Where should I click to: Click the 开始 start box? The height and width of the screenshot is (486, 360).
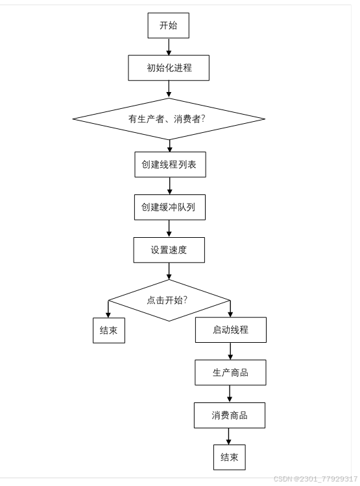click(169, 26)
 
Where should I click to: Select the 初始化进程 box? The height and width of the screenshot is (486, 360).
click(169, 67)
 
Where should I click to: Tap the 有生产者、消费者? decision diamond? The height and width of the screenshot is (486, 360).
click(169, 119)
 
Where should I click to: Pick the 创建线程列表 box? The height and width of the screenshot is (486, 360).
click(169, 165)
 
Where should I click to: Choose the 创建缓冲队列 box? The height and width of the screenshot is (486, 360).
click(169, 207)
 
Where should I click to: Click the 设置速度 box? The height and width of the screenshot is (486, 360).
click(169, 250)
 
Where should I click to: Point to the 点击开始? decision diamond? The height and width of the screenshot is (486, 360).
click(169, 300)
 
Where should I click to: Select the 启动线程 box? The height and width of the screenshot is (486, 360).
click(230, 330)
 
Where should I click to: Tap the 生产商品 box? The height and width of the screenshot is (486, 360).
click(230, 373)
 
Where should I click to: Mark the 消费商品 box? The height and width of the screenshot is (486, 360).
click(230, 415)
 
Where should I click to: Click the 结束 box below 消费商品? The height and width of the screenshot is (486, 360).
click(230, 457)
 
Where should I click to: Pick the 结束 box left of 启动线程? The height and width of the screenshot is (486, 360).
click(108, 330)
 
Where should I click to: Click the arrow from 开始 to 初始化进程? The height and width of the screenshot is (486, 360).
click(169, 46)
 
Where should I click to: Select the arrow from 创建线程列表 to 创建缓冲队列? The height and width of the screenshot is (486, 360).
click(169, 186)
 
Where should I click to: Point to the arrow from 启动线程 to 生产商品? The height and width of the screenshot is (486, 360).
click(230, 351)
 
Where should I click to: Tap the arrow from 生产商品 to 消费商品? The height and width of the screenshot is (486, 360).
click(230, 394)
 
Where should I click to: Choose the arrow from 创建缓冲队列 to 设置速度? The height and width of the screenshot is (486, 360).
click(169, 229)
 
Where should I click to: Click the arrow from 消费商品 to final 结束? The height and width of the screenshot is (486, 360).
click(230, 436)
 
